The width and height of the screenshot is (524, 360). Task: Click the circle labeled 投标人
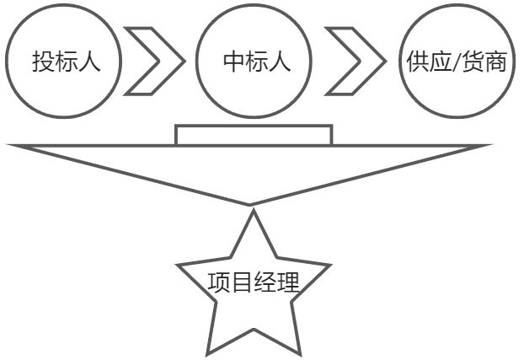click(x=64, y=62)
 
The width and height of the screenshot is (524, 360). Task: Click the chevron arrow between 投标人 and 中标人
click(x=157, y=62)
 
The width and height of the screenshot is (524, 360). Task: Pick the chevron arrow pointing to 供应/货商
click(x=354, y=62)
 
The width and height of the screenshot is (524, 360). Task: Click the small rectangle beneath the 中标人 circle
click(x=254, y=135)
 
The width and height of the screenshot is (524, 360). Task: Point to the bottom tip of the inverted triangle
click(x=251, y=203)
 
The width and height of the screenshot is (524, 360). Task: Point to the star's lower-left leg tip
click(x=207, y=352)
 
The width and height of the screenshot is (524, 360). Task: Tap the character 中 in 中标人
click(x=233, y=62)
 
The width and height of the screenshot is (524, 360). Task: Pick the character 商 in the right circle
click(x=498, y=62)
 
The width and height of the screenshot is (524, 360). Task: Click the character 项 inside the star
click(x=219, y=282)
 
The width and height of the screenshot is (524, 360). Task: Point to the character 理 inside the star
click(x=288, y=282)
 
